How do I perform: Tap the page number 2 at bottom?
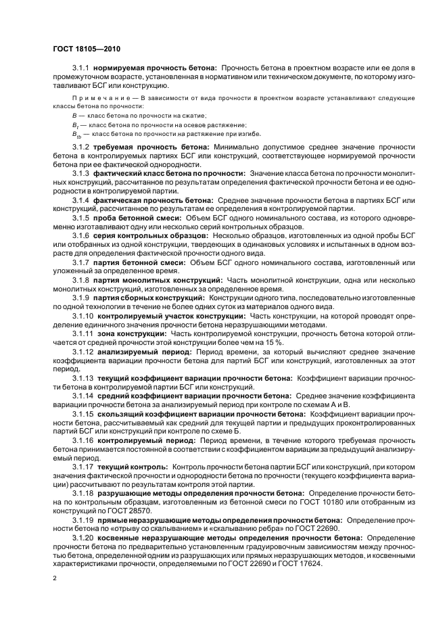point(55,579)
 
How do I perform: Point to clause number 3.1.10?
point(84,316)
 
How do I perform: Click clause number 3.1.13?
point(84,377)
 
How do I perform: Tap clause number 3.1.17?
point(84,466)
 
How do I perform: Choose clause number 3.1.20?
point(84,537)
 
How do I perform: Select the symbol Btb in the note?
point(76,134)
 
